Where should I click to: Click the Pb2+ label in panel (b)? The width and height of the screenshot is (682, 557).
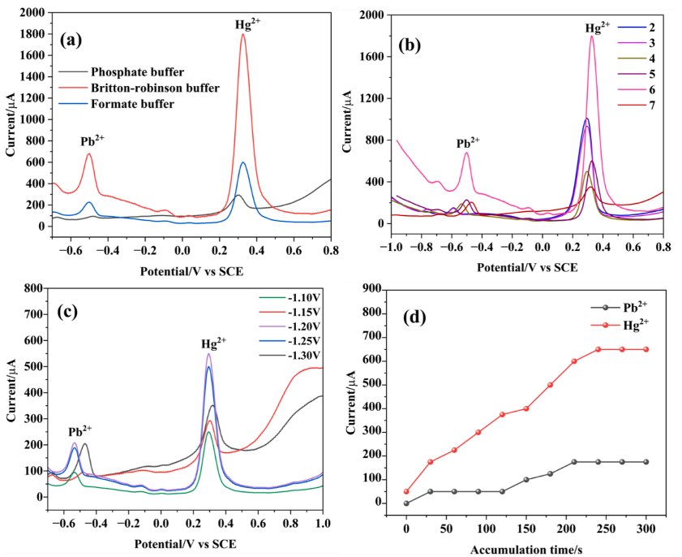tap(468, 143)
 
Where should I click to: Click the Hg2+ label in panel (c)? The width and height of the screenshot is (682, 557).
tap(214, 343)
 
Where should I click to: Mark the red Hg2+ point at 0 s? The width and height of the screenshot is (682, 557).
tap(406, 491)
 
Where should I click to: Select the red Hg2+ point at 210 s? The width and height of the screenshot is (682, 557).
tap(573, 361)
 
